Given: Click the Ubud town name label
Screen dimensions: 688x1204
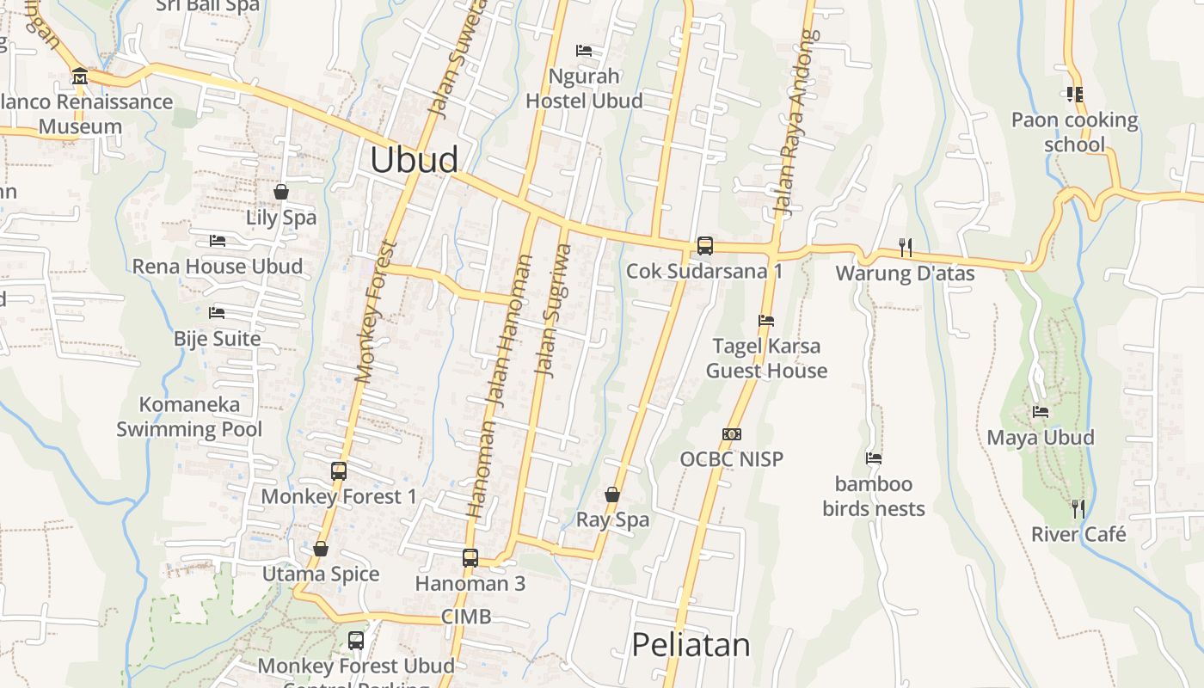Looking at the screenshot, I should coord(414,160).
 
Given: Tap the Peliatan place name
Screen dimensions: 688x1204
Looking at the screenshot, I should coord(691,644).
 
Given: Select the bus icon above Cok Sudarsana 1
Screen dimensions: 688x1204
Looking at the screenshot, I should coord(704,246).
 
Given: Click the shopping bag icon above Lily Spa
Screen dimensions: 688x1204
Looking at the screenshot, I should coord(280,192).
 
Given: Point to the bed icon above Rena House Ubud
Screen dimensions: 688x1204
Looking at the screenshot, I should coord(217,241).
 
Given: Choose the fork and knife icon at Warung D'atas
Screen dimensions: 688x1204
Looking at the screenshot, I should coord(905,248).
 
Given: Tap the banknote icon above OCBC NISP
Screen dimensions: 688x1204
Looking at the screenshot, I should coord(732,434).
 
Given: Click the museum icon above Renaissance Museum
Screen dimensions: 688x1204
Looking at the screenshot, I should coord(80,76).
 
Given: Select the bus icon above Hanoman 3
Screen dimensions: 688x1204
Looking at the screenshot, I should coord(470,557).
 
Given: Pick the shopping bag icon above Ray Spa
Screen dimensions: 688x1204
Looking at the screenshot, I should coord(611,494).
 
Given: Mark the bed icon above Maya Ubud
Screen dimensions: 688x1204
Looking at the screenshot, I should coord(1041,412).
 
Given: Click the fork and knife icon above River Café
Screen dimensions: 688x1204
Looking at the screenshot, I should coord(1078,508).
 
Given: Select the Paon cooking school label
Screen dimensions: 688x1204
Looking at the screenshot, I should coord(1074,132).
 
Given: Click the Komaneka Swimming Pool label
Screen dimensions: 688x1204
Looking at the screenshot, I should coord(189,416).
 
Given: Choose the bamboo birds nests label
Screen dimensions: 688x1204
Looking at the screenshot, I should coord(874,496).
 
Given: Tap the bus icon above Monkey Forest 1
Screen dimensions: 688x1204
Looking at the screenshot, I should coord(338,471).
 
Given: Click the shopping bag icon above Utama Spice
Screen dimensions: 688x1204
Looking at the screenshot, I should coord(321,549).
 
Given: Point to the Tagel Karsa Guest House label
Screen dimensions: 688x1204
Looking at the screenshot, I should coord(766,359).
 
